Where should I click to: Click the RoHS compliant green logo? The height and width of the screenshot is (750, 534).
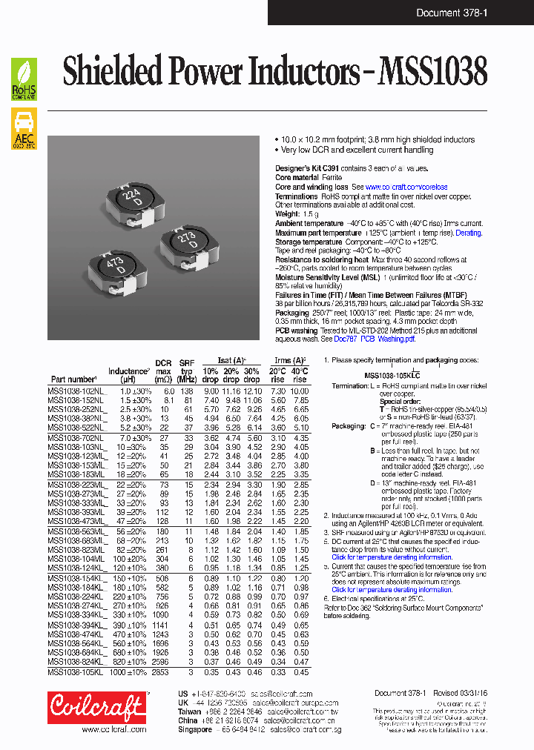coord(24,79)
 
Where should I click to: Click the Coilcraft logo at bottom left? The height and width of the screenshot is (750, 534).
coord(97,707)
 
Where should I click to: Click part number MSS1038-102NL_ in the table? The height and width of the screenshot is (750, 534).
coord(77,391)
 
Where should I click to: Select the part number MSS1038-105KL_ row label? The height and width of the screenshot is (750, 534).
coord(77,672)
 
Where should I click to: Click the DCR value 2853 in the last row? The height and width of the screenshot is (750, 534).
coord(161,672)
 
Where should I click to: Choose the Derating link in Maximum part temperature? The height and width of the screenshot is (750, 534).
coord(468,233)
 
